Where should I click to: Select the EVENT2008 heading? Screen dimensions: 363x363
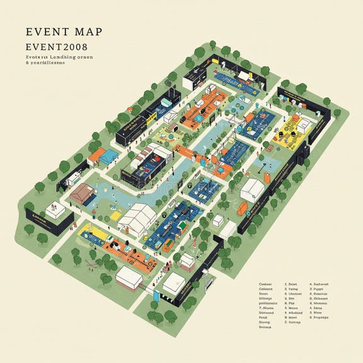point(57,47)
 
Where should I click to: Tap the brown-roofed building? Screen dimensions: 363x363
point(81,194)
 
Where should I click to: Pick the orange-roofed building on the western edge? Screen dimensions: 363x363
point(96,155)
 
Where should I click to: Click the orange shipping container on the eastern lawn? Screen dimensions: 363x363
point(243,207)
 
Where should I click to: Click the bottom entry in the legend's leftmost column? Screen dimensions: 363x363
point(265,327)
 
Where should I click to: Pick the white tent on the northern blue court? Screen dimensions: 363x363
point(241,74)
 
